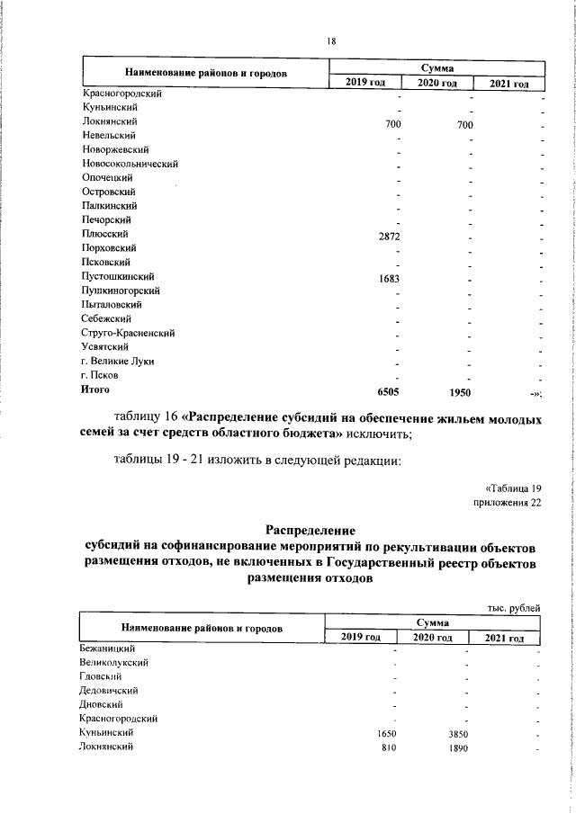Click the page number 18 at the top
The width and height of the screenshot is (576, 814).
330,40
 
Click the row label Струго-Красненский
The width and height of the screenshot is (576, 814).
128,333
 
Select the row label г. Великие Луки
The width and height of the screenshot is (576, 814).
118,361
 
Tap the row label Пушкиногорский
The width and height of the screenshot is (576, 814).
121,291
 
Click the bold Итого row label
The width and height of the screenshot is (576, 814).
95,389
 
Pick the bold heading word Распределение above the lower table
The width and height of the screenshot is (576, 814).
310,531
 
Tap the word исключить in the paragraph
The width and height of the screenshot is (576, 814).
380,434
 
